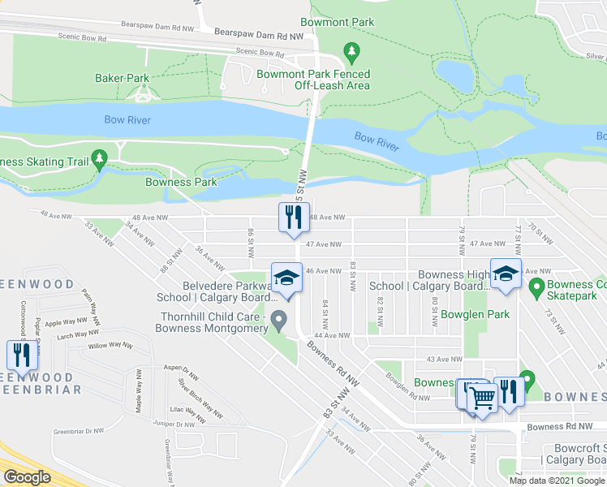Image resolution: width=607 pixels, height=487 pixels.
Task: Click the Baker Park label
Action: (122, 78)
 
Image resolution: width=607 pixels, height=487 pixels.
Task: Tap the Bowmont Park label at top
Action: (336, 22)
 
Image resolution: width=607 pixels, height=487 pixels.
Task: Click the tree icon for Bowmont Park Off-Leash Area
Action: (351, 54)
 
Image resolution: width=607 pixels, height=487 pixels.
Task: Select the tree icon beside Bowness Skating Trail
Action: (100, 158)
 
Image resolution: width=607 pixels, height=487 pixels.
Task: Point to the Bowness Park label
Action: (181, 182)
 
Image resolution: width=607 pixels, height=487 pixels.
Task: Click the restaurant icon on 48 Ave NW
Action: (292, 217)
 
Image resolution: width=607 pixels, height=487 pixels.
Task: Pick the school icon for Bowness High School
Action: (505, 274)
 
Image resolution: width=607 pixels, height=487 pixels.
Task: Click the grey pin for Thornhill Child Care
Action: (279, 319)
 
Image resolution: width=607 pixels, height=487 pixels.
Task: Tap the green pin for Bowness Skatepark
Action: (536, 287)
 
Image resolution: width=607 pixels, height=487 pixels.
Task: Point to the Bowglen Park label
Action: (480, 313)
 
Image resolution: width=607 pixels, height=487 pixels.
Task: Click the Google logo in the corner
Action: (27, 477)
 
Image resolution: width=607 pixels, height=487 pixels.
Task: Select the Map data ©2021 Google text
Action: (557, 481)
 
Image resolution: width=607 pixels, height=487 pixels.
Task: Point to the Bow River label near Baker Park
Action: (127, 119)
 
